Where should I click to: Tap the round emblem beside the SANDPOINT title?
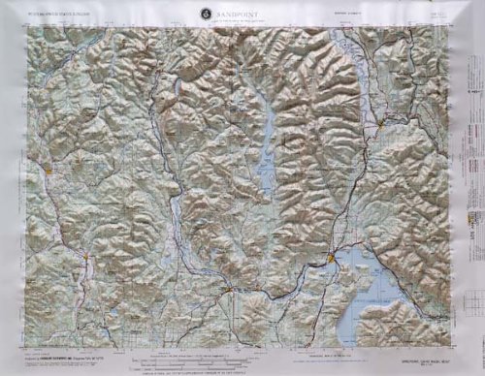[x=206, y=14]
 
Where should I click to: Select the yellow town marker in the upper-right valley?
[x=386, y=124]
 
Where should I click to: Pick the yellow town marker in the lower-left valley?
[x=88, y=257]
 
